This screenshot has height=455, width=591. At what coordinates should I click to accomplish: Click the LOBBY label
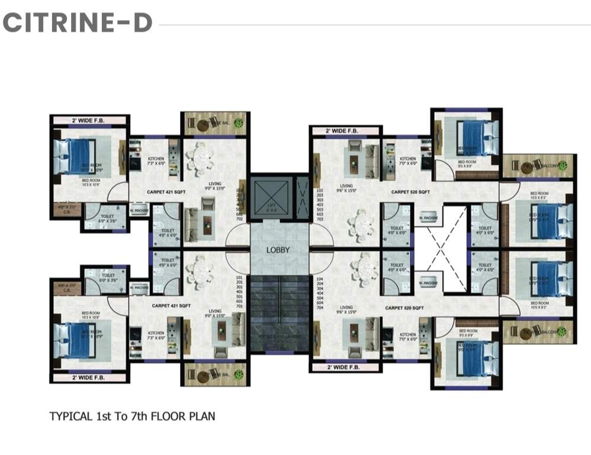tap(278, 250)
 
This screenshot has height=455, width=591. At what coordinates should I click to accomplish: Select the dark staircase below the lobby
tap(278, 314)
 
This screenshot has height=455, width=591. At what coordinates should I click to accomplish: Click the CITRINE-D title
tap(78, 23)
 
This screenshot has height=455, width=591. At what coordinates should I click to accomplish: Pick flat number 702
tap(240, 219)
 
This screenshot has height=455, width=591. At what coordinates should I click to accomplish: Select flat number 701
tap(240, 307)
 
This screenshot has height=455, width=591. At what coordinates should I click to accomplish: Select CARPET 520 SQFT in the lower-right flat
tap(404, 308)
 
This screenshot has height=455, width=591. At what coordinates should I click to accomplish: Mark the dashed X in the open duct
tap(439, 249)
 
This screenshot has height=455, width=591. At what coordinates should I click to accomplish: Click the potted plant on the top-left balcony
tap(238, 123)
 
